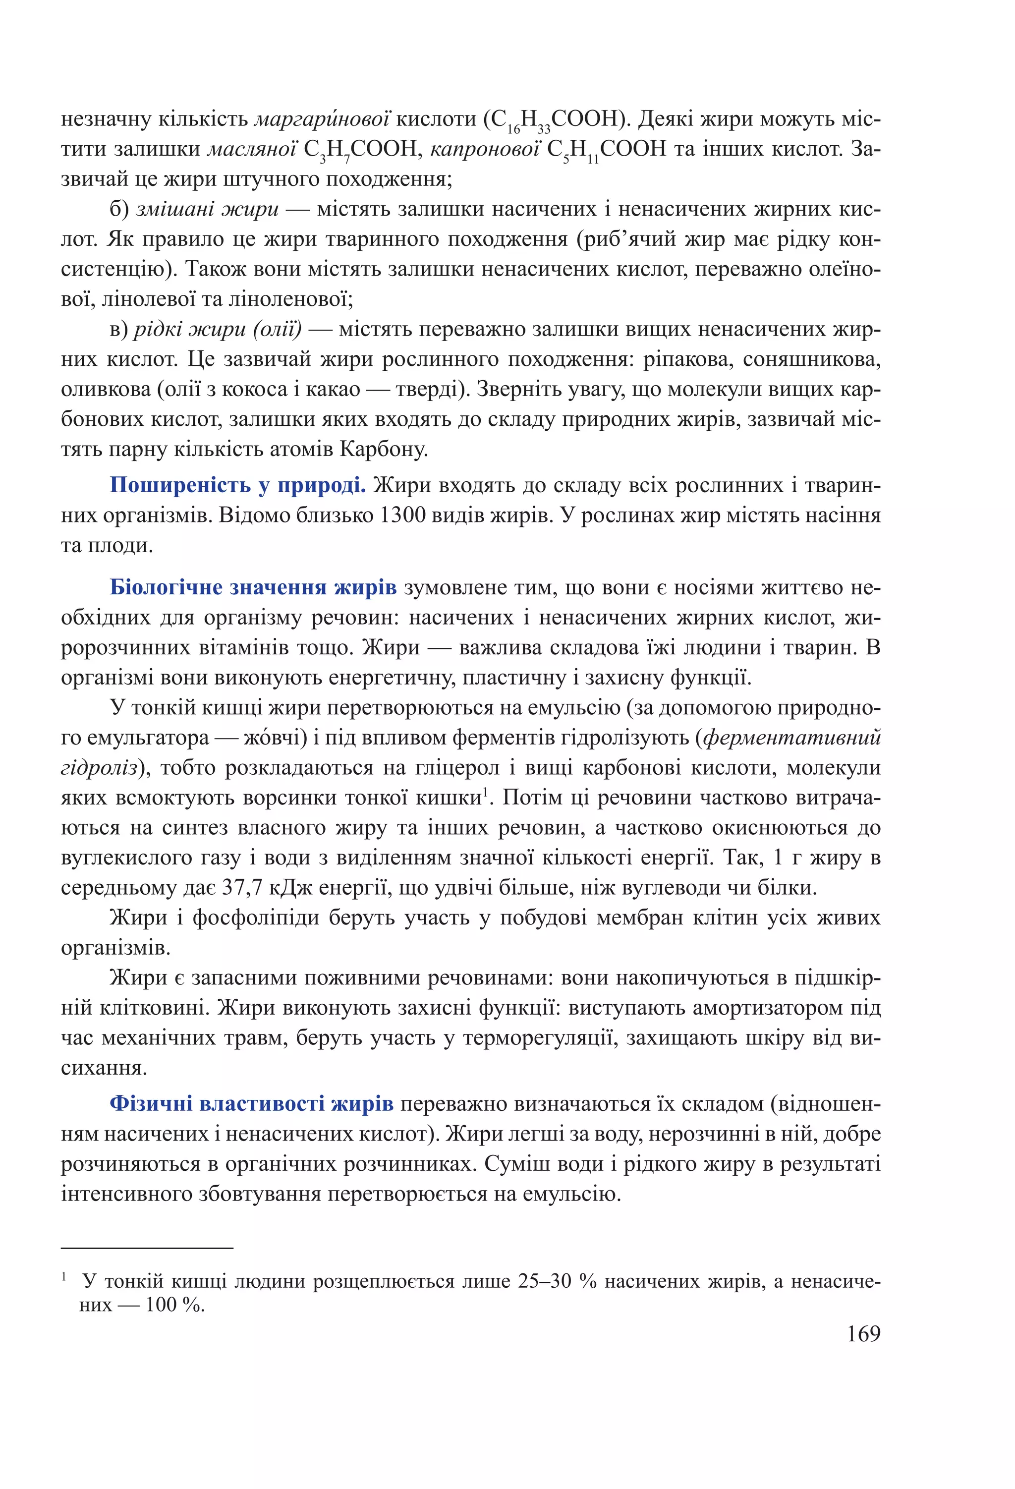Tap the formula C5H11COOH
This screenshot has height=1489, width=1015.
pyautogui.click(x=607, y=150)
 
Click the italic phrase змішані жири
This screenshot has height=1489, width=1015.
pyautogui.click(x=208, y=209)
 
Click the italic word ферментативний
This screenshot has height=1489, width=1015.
pyautogui.click(x=792, y=738)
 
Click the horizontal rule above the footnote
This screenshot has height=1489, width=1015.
pyautogui.click(x=147, y=1248)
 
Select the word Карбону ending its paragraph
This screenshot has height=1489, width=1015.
pyautogui.click(x=383, y=450)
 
